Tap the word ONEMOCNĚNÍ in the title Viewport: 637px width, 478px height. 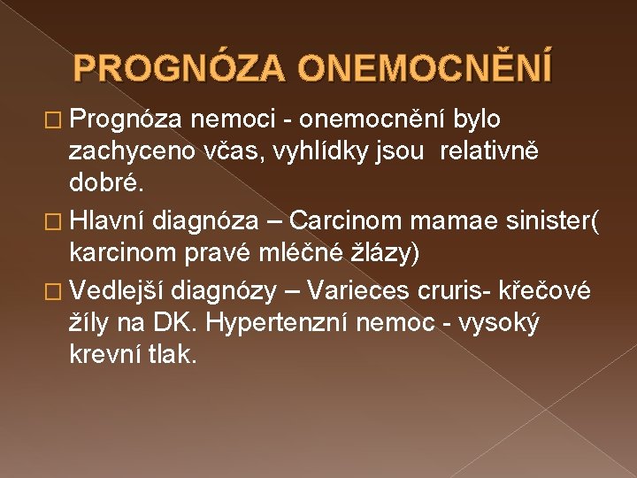(426, 67)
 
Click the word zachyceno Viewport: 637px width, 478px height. (126, 153)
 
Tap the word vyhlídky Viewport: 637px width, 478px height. (332, 153)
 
